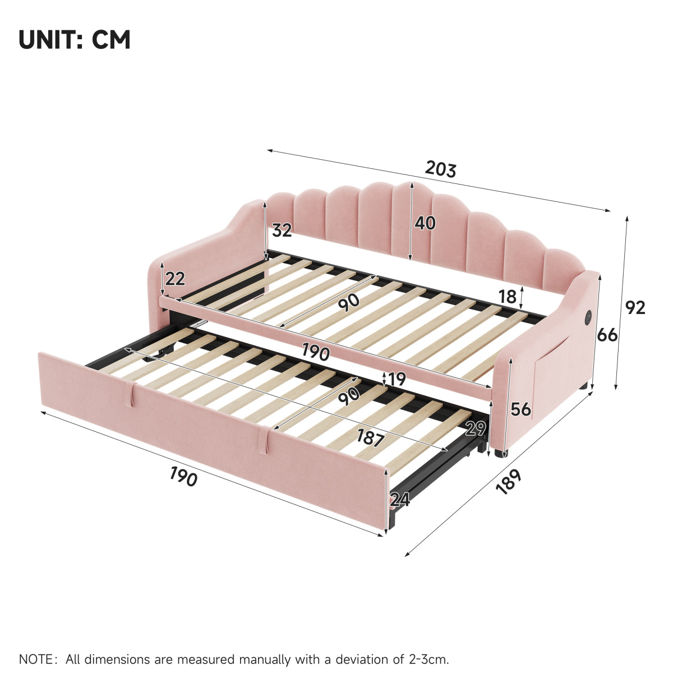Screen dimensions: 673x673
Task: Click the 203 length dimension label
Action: (440, 170)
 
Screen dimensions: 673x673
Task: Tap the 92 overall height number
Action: (635, 308)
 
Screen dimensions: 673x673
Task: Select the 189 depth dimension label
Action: (509, 482)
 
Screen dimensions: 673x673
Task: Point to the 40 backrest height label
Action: (425, 223)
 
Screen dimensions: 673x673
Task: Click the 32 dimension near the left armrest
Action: (282, 230)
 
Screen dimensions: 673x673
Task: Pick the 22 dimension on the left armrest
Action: (175, 279)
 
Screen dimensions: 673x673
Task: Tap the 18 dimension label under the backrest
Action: (508, 297)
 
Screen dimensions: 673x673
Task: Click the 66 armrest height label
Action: (607, 335)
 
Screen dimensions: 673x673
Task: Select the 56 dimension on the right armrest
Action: (520, 409)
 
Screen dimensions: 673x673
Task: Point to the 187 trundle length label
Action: (371, 438)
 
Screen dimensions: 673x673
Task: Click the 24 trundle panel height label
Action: (399, 500)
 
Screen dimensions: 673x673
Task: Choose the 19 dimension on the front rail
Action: (397, 379)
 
